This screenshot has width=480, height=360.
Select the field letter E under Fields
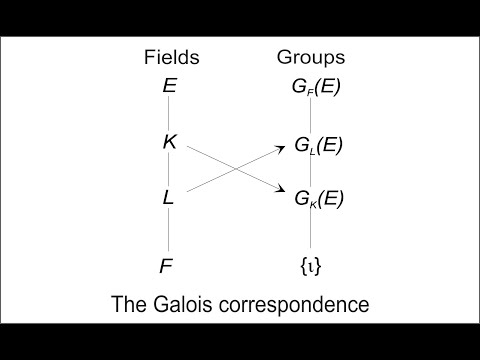pos(169,86)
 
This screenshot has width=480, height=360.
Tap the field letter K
pos(169,142)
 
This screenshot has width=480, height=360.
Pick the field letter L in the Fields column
pos(169,198)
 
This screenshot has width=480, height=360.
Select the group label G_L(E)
pos(317,145)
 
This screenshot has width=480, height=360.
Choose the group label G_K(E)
pos(317,198)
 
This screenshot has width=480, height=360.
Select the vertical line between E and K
pos(169,114)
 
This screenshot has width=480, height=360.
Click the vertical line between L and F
pos(169,232)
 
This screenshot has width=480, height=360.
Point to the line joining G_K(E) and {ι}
pos(311,232)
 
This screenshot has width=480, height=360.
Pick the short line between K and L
pos(169,170)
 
